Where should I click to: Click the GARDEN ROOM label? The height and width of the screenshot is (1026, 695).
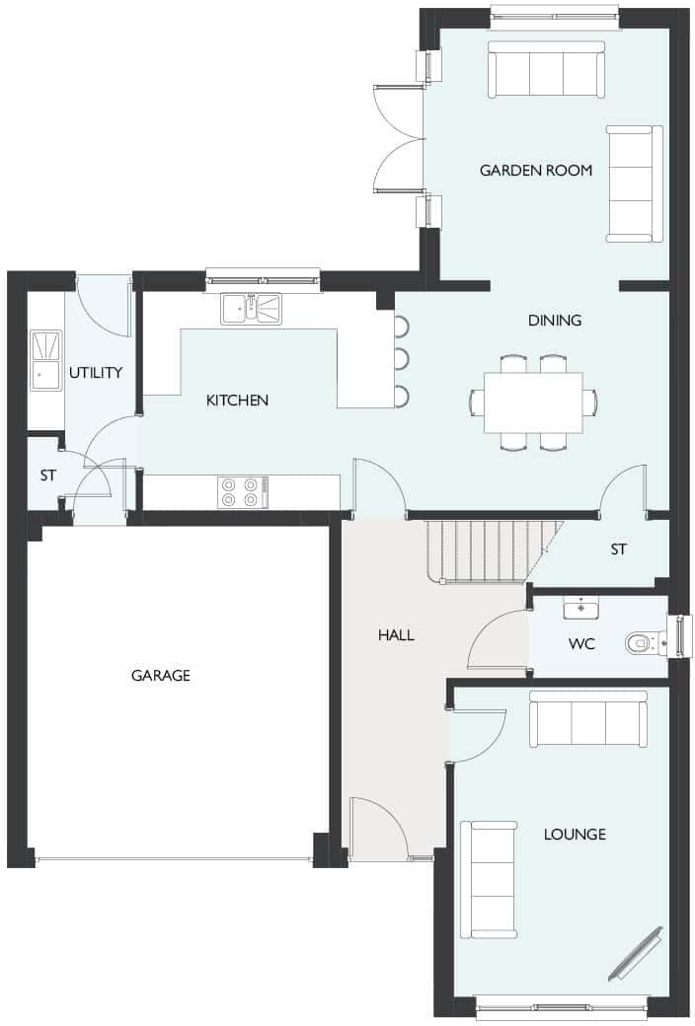[535, 171]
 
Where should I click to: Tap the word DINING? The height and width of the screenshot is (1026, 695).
[554, 321]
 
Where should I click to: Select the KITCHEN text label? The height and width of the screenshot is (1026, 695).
[237, 401]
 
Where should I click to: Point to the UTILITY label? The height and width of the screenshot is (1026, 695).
[96, 373]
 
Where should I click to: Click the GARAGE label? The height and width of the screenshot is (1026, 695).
[160, 676]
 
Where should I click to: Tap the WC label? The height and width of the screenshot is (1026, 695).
[580, 644]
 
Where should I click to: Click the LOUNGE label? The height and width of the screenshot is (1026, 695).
[575, 835]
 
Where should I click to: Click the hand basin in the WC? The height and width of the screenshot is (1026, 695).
[580, 607]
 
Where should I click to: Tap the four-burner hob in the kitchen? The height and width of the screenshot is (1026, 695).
[242, 492]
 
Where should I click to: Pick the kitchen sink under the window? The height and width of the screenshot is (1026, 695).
[251, 309]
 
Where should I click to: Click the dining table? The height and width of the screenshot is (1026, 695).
[533, 403]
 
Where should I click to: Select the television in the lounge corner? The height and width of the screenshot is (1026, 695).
[635, 952]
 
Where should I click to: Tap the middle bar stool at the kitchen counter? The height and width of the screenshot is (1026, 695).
[402, 357]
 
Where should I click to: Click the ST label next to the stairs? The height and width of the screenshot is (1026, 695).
[618, 550]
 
